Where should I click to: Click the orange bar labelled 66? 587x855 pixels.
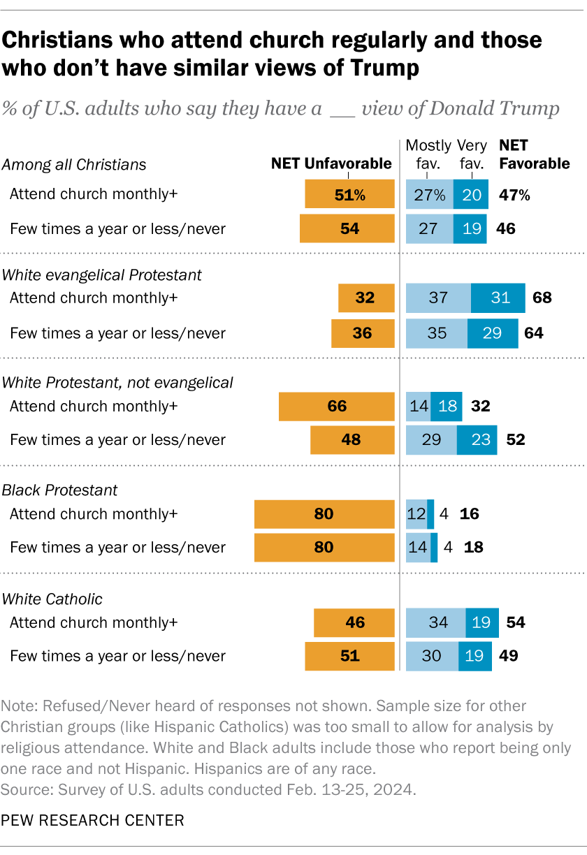coord(336,407)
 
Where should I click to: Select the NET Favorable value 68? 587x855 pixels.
coord(541,298)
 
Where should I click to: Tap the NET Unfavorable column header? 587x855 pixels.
coord(331,164)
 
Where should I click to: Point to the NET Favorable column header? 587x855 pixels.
coord(535,154)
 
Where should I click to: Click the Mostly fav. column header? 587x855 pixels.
coord(428,154)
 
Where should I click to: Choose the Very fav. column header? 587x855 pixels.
coord(472,154)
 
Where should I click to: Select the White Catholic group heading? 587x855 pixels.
coord(52,599)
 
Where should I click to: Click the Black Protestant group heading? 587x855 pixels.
coord(59,490)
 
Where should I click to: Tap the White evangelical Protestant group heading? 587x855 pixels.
coord(102,275)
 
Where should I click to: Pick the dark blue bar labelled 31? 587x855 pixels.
coord(498,298)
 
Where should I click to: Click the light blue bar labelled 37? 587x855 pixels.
coord(438,298)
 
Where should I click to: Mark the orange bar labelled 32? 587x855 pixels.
coord(365,298)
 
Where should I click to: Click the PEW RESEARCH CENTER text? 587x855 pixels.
coord(93,819)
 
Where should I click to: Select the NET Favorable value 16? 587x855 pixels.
coord(469,515)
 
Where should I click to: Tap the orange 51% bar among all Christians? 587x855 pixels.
coord(349,195)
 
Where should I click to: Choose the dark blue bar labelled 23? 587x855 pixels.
coord(477,440)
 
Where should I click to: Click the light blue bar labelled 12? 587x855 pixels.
coord(416,515)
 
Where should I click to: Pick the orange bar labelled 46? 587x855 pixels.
coord(354,622)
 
